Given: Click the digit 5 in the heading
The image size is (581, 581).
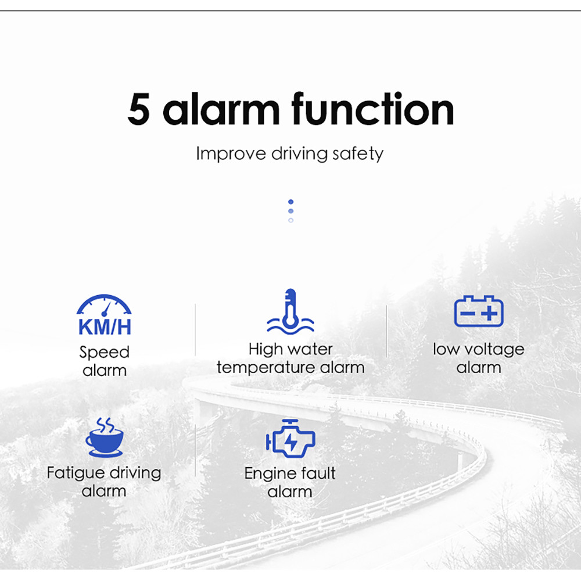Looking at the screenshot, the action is click(139, 109).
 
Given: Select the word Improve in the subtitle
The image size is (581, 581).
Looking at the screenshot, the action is click(231, 154).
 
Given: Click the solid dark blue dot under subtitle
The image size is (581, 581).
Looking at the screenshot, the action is click(291, 202).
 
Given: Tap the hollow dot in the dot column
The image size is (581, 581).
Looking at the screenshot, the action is click(291, 220).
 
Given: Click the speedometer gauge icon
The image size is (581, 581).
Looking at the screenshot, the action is click(104, 305).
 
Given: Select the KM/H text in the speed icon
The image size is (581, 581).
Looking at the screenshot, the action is click(105, 327).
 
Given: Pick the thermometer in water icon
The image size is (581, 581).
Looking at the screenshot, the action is click(290, 311).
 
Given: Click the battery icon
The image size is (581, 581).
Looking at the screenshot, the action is click(479, 311).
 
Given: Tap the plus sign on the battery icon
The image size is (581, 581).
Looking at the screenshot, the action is click(489, 314).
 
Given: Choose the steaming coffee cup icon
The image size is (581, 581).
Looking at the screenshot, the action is click(105, 437).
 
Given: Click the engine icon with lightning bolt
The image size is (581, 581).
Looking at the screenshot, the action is click(290, 439).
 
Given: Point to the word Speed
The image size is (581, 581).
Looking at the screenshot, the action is click(105, 352).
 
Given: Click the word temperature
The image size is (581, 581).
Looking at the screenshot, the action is click(267, 368).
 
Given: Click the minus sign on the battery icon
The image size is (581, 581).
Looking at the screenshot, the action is click(468, 314).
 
